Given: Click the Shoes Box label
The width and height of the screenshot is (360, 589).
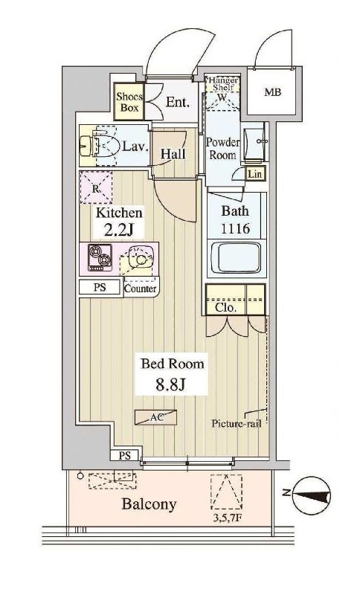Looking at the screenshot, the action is (x=129, y=102).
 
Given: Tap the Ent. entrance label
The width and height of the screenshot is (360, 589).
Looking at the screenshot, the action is (x=178, y=102).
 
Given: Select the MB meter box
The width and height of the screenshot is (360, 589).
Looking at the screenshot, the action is (x=272, y=91).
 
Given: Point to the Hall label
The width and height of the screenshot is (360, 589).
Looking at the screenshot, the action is (x=173, y=154).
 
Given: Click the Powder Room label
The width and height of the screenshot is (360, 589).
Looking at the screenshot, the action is (x=223, y=149).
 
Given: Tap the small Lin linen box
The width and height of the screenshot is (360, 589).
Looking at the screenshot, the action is (x=255, y=173).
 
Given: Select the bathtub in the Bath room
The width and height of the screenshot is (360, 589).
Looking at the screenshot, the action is (x=236, y=258).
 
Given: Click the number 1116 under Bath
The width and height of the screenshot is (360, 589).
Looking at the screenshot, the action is (x=235, y=228).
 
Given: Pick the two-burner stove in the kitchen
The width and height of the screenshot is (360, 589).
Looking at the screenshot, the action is (x=100, y=257).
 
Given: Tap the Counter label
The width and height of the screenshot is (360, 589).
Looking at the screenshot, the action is (x=140, y=289).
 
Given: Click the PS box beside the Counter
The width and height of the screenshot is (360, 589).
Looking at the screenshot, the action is (x=100, y=287).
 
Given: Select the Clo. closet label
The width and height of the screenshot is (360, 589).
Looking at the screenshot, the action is (x=226, y=308).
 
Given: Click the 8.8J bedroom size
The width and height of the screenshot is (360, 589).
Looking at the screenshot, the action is (x=170, y=384).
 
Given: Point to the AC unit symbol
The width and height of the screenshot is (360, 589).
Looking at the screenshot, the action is (x=156, y=417).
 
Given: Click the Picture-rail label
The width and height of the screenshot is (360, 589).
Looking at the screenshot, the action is (x=237, y=424).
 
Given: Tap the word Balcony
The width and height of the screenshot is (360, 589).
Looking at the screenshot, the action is (x=150, y=504).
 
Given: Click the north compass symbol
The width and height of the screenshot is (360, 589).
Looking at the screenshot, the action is (x=312, y=495).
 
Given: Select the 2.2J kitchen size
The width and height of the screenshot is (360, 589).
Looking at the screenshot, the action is (x=119, y=230).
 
